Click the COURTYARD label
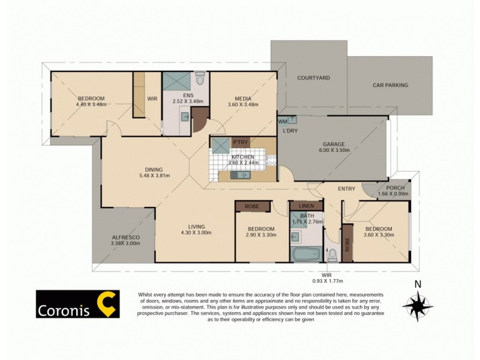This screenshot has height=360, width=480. (x=313, y=78)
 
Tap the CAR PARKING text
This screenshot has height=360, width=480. (x=389, y=85)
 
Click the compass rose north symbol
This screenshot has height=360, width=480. (x=418, y=305)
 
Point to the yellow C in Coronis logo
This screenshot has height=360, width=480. (x=107, y=304)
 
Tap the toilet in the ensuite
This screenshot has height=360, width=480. (x=200, y=79)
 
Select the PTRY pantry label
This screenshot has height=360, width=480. (x=241, y=142)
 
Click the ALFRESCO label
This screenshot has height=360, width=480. (x=125, y=237)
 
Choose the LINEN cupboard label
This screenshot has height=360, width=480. (x=306, y=206)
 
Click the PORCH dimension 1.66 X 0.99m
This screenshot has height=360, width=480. (x=392, y=194)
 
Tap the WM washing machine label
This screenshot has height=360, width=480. (x=283, y=122)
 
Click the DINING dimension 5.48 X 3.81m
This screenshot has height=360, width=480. (x=154, y=176)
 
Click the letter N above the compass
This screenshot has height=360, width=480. (x=418, y=284)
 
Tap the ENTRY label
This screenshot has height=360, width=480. (x=346, y=189)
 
